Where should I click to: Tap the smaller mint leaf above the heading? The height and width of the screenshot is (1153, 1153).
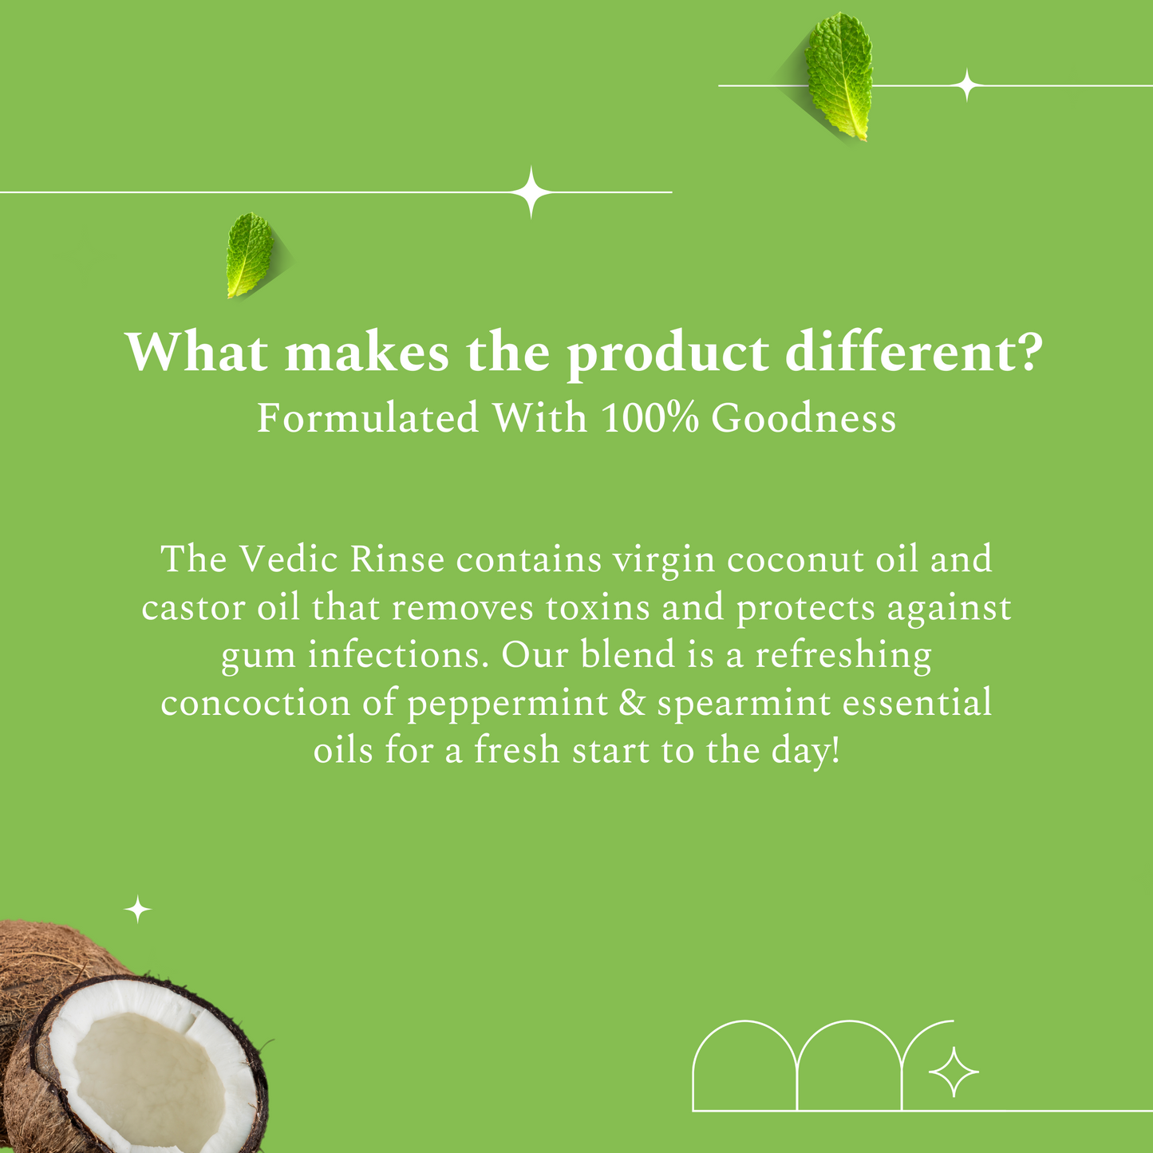pyautogui.click(x=250, y=255)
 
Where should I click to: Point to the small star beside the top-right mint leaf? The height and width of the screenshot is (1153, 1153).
pyautogui.click(x=967, y=85)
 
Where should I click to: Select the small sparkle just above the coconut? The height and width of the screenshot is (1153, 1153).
pyautogui.click(x=139, y=910)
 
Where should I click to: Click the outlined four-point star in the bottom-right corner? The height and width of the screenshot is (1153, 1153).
pyautogui.click(x=954, y=1072)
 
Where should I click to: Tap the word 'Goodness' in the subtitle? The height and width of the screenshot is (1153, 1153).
pyautogui.click(x=804, y=418)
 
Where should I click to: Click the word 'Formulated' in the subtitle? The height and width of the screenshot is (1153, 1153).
pyautogui.click(x=368, y=418)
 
